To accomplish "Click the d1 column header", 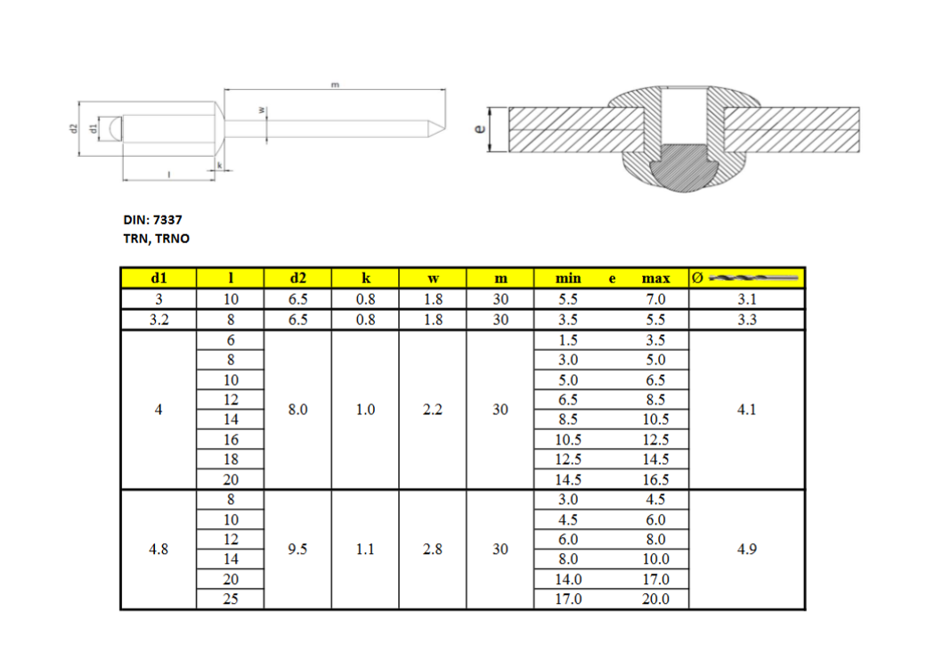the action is click(x=159, y=278).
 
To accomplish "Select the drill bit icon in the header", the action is click(x=753, y=278).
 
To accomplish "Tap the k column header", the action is click(x=365, y=278).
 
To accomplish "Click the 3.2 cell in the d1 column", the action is click(x=159, y=320).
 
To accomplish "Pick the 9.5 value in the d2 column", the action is click(x=297, y=549).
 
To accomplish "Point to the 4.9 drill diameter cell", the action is click(x=746, y=549).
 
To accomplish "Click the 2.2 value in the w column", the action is click(x=433, y=410).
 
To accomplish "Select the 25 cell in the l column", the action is click(x=231, y=599).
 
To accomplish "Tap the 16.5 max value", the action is click(x=655, y=479).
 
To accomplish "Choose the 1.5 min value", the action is click(x=568, y=340).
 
